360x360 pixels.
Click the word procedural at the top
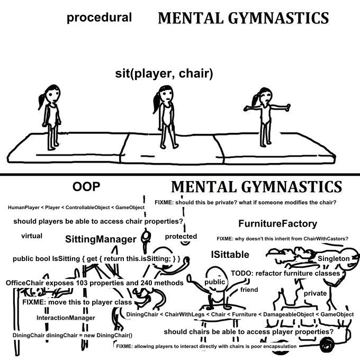pyautogui.click(x=99, y=17)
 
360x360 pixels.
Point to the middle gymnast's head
pyautogui.click(x=165, y=96)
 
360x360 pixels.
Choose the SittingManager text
pyautogui.click(x=101, y=239)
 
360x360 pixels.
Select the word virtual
pyautogui.click(x=32, y=235)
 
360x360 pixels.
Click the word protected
pyautogui.click(x=181, y=236)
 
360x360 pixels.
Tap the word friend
pyautogui.click(x=249, y=290)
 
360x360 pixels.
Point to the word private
pyautogui.click(x=315, y=293)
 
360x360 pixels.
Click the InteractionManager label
pyautogui.click(x=66, y=318)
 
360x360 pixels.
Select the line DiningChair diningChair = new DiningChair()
pyautogui.click(x=72, y=335)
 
